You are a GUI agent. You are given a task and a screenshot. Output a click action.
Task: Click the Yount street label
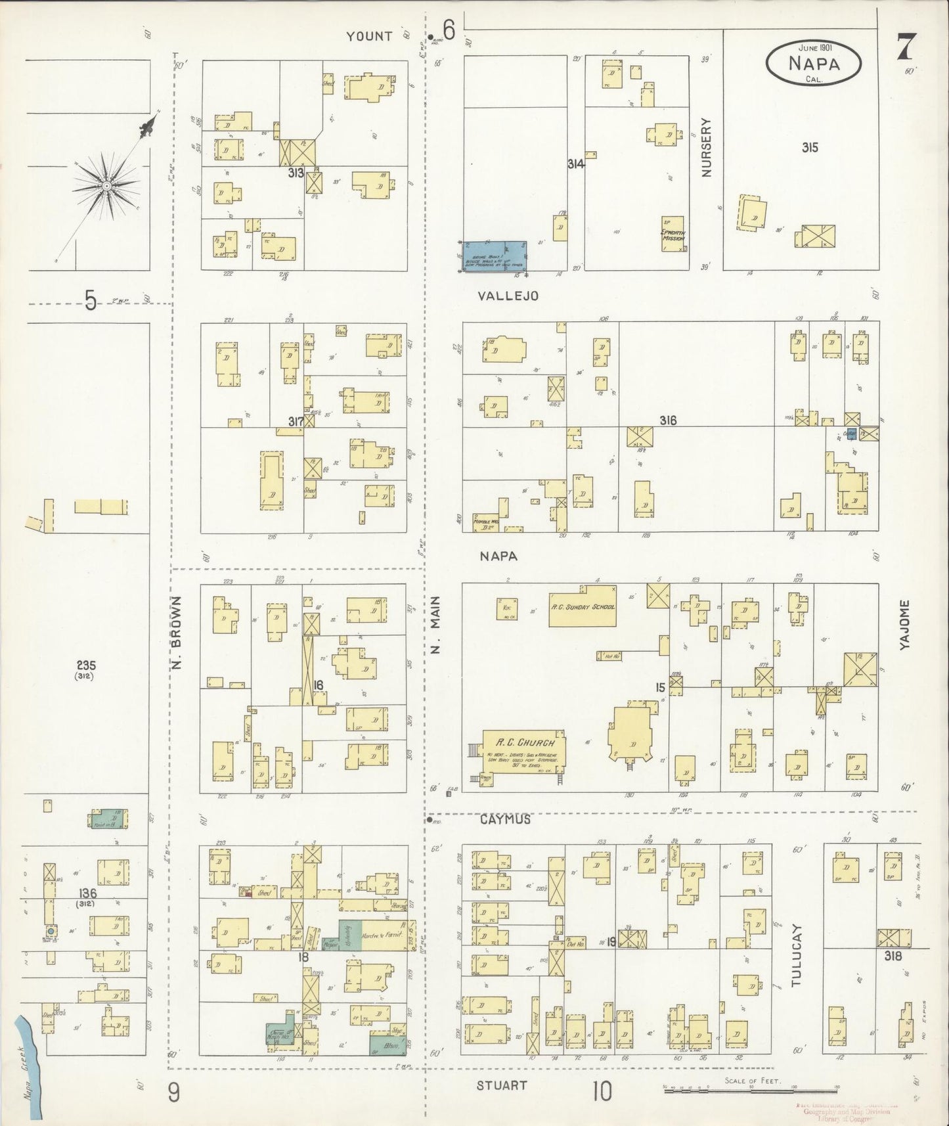tap(369, 36)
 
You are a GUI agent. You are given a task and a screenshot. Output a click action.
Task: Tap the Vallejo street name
tap(508, 296)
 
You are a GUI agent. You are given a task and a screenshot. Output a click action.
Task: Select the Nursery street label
tap(706, 147)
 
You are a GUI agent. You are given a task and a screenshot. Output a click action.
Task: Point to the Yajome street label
tap(905, 625)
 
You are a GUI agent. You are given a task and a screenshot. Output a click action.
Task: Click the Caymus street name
tap(504, 820)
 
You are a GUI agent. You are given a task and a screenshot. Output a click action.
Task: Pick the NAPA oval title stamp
tap(813, 63)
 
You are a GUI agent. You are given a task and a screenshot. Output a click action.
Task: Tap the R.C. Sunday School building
tap(582, 606)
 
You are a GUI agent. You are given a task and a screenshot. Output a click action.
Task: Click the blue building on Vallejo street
tap(494, 256)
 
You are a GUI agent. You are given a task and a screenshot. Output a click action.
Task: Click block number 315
tap(810, 148)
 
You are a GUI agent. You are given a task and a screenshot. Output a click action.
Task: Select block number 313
tap(295, 173)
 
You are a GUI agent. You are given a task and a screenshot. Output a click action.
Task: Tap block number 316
tap(668, 420)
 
